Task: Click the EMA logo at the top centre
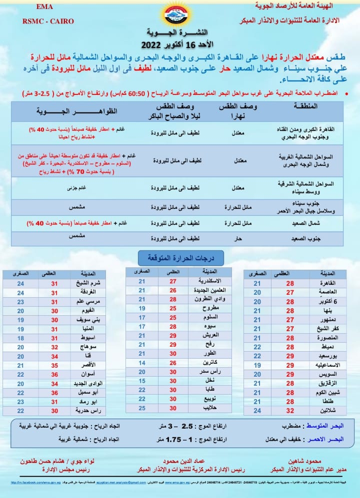click(179, 15)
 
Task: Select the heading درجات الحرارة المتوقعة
click(180, 258)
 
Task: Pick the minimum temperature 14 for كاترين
click(141, 363)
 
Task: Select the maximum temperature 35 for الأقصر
click(54, 365)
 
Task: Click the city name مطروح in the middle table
click(207, 309)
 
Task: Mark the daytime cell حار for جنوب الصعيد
click(238, 239)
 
